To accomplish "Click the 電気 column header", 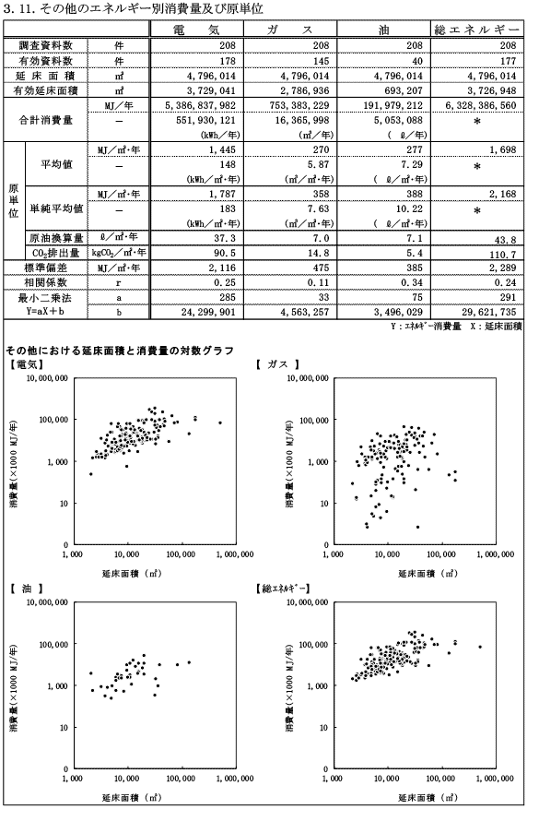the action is click(196, 30).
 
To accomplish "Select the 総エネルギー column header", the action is click(476, 30).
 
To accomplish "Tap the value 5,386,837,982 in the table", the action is click(200, 105).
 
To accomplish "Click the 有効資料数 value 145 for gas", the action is click(321, 61).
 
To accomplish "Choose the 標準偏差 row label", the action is click(45, 268).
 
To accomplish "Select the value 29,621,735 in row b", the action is click(489, 312).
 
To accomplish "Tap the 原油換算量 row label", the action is click(56, 238).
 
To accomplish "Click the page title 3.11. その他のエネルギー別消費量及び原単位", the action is click(134, 9).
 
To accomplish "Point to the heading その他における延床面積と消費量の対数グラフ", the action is click(119, 351).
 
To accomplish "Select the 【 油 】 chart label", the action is click(26, 589).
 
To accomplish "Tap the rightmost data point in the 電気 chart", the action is click(220, 422).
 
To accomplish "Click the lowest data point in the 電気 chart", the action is click(91, 474).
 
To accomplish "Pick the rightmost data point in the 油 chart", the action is click(189, 662).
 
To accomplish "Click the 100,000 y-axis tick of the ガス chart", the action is click(314, 420).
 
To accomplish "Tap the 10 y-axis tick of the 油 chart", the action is click(64, 727).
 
